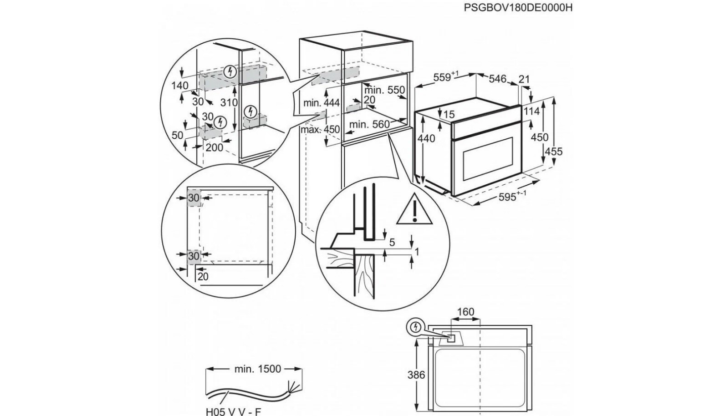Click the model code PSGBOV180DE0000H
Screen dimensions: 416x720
click(517, 8)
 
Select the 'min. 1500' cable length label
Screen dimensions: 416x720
click(258, 369)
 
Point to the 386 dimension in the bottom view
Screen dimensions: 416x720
click(416, 375)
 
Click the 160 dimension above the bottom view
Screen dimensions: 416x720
click(465, 312)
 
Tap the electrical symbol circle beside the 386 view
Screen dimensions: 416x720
click(415, 327)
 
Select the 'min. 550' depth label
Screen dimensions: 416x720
click(384, 90)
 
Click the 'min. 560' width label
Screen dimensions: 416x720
click(369, 124)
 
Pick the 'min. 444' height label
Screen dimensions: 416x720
click(322, 103)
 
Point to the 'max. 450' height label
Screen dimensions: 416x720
click(320, 129)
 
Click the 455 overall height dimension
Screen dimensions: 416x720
click(554, 152)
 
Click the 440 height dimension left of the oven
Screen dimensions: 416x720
click(426, 138)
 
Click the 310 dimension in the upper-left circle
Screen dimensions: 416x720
click(229, 102)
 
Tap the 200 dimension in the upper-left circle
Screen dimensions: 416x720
click(214, 147)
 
